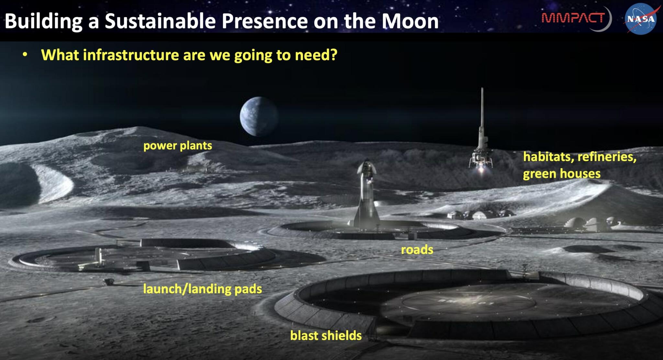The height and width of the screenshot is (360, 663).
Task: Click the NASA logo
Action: [641, 19]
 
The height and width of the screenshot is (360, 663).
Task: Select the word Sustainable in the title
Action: [160, 21]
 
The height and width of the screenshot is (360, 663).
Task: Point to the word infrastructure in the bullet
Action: [131, 55]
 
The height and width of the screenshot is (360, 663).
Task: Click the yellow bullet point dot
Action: [25, 55]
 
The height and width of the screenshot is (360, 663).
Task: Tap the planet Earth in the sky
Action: [259, 116]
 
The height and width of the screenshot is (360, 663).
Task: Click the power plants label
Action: [177, 146]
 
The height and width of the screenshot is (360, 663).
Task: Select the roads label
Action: [417, 250]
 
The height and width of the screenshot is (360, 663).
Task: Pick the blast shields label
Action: [326, 335]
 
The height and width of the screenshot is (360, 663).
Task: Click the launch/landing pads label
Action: [202, 289]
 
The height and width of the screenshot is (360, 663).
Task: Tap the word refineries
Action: [607, 157]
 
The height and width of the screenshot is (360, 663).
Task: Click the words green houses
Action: [562, 174]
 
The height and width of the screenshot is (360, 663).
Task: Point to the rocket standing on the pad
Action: [367, 197]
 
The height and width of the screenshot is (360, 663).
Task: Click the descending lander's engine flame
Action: [481, 169]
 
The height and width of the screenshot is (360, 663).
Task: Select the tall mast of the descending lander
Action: [482, 110]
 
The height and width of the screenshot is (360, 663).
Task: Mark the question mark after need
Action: [333, 55]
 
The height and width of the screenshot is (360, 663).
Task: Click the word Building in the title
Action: [43, 21]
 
